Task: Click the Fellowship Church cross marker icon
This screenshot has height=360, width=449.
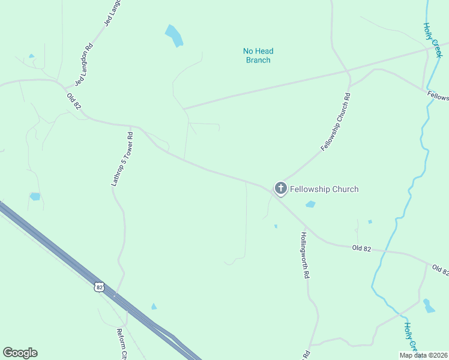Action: click(280, 188)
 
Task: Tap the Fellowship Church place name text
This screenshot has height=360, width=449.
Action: click(324, 189)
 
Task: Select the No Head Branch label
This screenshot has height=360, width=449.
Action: click(257, 56)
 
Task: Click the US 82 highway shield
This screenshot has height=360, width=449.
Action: click(100, 287)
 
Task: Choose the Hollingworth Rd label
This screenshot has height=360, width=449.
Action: click(305, 255)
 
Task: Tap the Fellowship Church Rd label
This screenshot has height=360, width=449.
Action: click(335, 122)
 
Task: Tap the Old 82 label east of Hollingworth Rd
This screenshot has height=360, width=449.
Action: click(363, 247)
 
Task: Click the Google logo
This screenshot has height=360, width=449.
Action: click(20, 353)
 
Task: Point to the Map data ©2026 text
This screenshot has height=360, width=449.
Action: click(423, 355)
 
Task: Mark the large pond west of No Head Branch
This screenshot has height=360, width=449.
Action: click(174, 36)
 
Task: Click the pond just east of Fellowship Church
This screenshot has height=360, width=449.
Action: click(310, 205)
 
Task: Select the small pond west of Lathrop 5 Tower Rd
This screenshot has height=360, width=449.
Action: click(35, 196)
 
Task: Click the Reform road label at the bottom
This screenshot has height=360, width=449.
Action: click(122, 344)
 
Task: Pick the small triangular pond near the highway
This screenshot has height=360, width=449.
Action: click(154, 307)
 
